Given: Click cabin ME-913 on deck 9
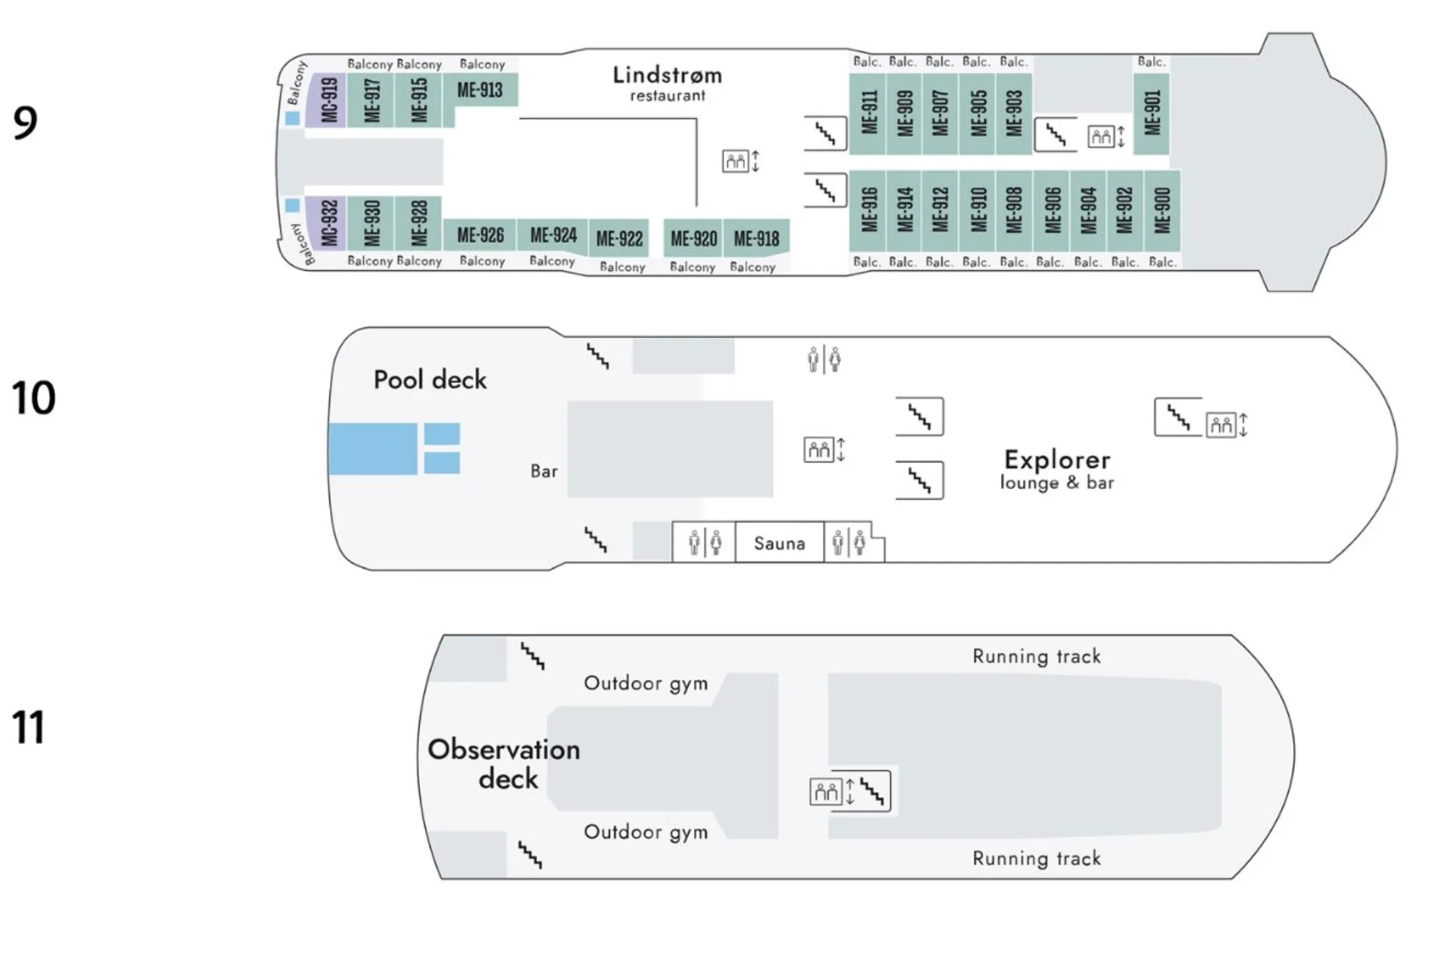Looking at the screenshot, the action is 480,91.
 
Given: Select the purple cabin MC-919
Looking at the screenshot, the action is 328,100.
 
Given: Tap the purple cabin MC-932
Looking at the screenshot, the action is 328,223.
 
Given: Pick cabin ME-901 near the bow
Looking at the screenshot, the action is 1152,114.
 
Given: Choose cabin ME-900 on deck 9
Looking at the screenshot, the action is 1162,210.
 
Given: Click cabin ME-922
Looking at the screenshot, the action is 619,238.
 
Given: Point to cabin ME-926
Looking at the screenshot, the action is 481,235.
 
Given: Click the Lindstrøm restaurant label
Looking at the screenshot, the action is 667,83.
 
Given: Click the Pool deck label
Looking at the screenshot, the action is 430,379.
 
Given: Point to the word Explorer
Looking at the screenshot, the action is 1057,460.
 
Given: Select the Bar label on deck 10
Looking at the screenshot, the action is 544,471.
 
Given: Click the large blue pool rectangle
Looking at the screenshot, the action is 373,449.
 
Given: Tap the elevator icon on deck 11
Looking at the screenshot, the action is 826,792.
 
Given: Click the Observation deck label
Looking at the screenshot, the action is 504,763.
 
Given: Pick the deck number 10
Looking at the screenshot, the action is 34,397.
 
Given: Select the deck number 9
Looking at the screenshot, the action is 25,123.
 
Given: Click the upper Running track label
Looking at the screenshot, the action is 1037,656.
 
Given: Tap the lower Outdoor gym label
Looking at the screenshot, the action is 646,832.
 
